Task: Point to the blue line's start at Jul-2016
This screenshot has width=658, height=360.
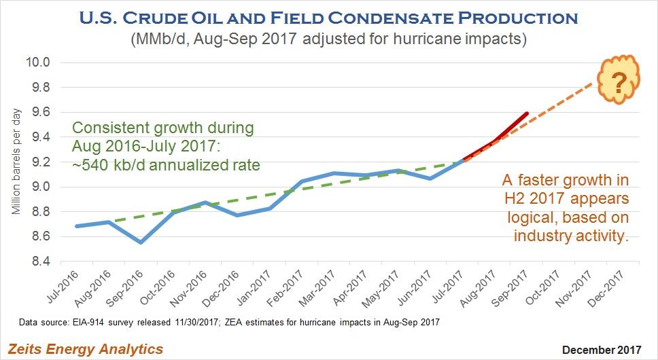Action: [76, 226]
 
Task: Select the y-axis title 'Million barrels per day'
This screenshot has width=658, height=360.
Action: [18, 162]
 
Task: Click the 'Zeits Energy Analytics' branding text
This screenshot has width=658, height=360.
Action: [86, 349]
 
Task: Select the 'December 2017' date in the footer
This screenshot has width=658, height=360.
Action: [602, 350]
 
